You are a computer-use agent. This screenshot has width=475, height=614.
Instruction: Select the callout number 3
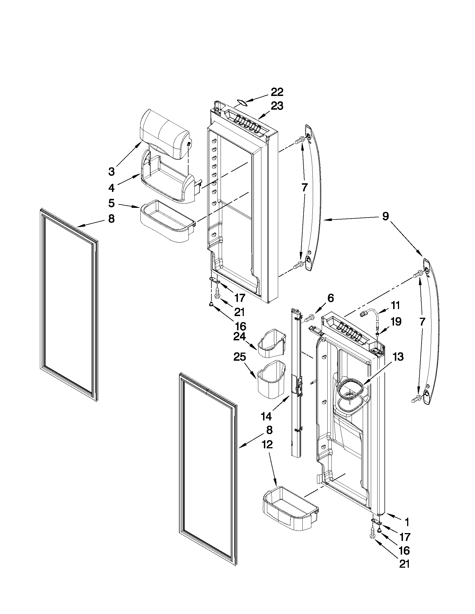pos(112,171)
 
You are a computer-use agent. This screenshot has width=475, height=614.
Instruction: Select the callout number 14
pos(266,424)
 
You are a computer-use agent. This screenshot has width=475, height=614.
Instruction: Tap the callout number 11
pos(395,305)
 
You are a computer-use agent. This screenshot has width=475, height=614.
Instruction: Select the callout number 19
pos(395,322)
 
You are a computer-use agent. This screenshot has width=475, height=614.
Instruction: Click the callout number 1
pos(407,522)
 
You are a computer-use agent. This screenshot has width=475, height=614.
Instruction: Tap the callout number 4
pos(112,188)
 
